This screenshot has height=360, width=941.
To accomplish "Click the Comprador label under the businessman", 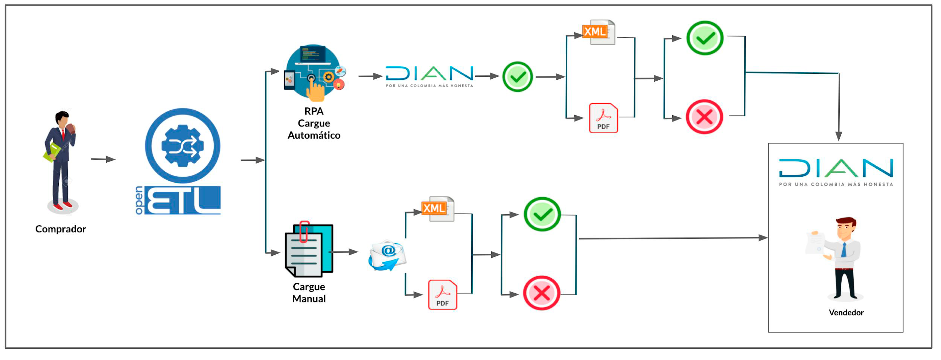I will click(x=61, y=229).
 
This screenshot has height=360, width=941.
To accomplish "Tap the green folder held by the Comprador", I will click(x=52, y=153).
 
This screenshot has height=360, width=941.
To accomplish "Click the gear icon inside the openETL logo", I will click(x=183, y=146).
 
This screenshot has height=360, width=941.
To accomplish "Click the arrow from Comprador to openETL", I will click(x=103, y=159).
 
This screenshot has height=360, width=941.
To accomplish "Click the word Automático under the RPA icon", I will click(x=314, y=135).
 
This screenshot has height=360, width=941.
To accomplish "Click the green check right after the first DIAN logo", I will click(x=518, y=77).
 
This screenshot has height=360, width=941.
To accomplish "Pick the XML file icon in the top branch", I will click(x=598, y=32).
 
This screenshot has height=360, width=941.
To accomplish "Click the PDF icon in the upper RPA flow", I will click(x=603, y=118).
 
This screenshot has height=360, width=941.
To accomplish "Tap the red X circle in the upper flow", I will click(x=704, y=117).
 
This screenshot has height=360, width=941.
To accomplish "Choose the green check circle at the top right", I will click(x=705, y=38).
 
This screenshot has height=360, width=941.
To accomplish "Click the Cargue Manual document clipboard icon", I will click(x=308, y=250).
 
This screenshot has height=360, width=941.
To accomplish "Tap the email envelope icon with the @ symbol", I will click(x=387, y=256).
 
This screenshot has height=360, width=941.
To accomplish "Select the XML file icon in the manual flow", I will click(x=438, y=209).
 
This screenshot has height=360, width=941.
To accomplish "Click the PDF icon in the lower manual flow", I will click(x=442, y=295).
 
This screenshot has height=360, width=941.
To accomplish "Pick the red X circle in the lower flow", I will click(x=542, y=293).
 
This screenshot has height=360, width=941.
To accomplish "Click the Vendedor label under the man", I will click(x=846, y=313).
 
